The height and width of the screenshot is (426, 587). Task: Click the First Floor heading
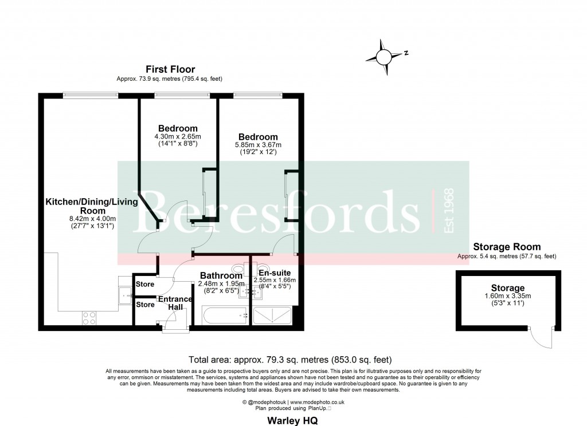(x=170, y=70)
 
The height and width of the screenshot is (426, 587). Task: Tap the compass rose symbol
(x=383, y=57)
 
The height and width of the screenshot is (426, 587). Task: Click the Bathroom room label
(x=221, y=276)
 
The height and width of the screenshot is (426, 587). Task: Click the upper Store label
(x=145, y=285)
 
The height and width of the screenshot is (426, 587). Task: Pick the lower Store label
(x=145, y=305)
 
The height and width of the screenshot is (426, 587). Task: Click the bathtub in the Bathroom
(x=224, y=315)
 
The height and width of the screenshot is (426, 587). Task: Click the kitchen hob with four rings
(x=90, y=318)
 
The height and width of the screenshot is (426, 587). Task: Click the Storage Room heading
(x=507, y=247)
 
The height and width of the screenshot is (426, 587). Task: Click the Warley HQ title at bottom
(x=293, y=420)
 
